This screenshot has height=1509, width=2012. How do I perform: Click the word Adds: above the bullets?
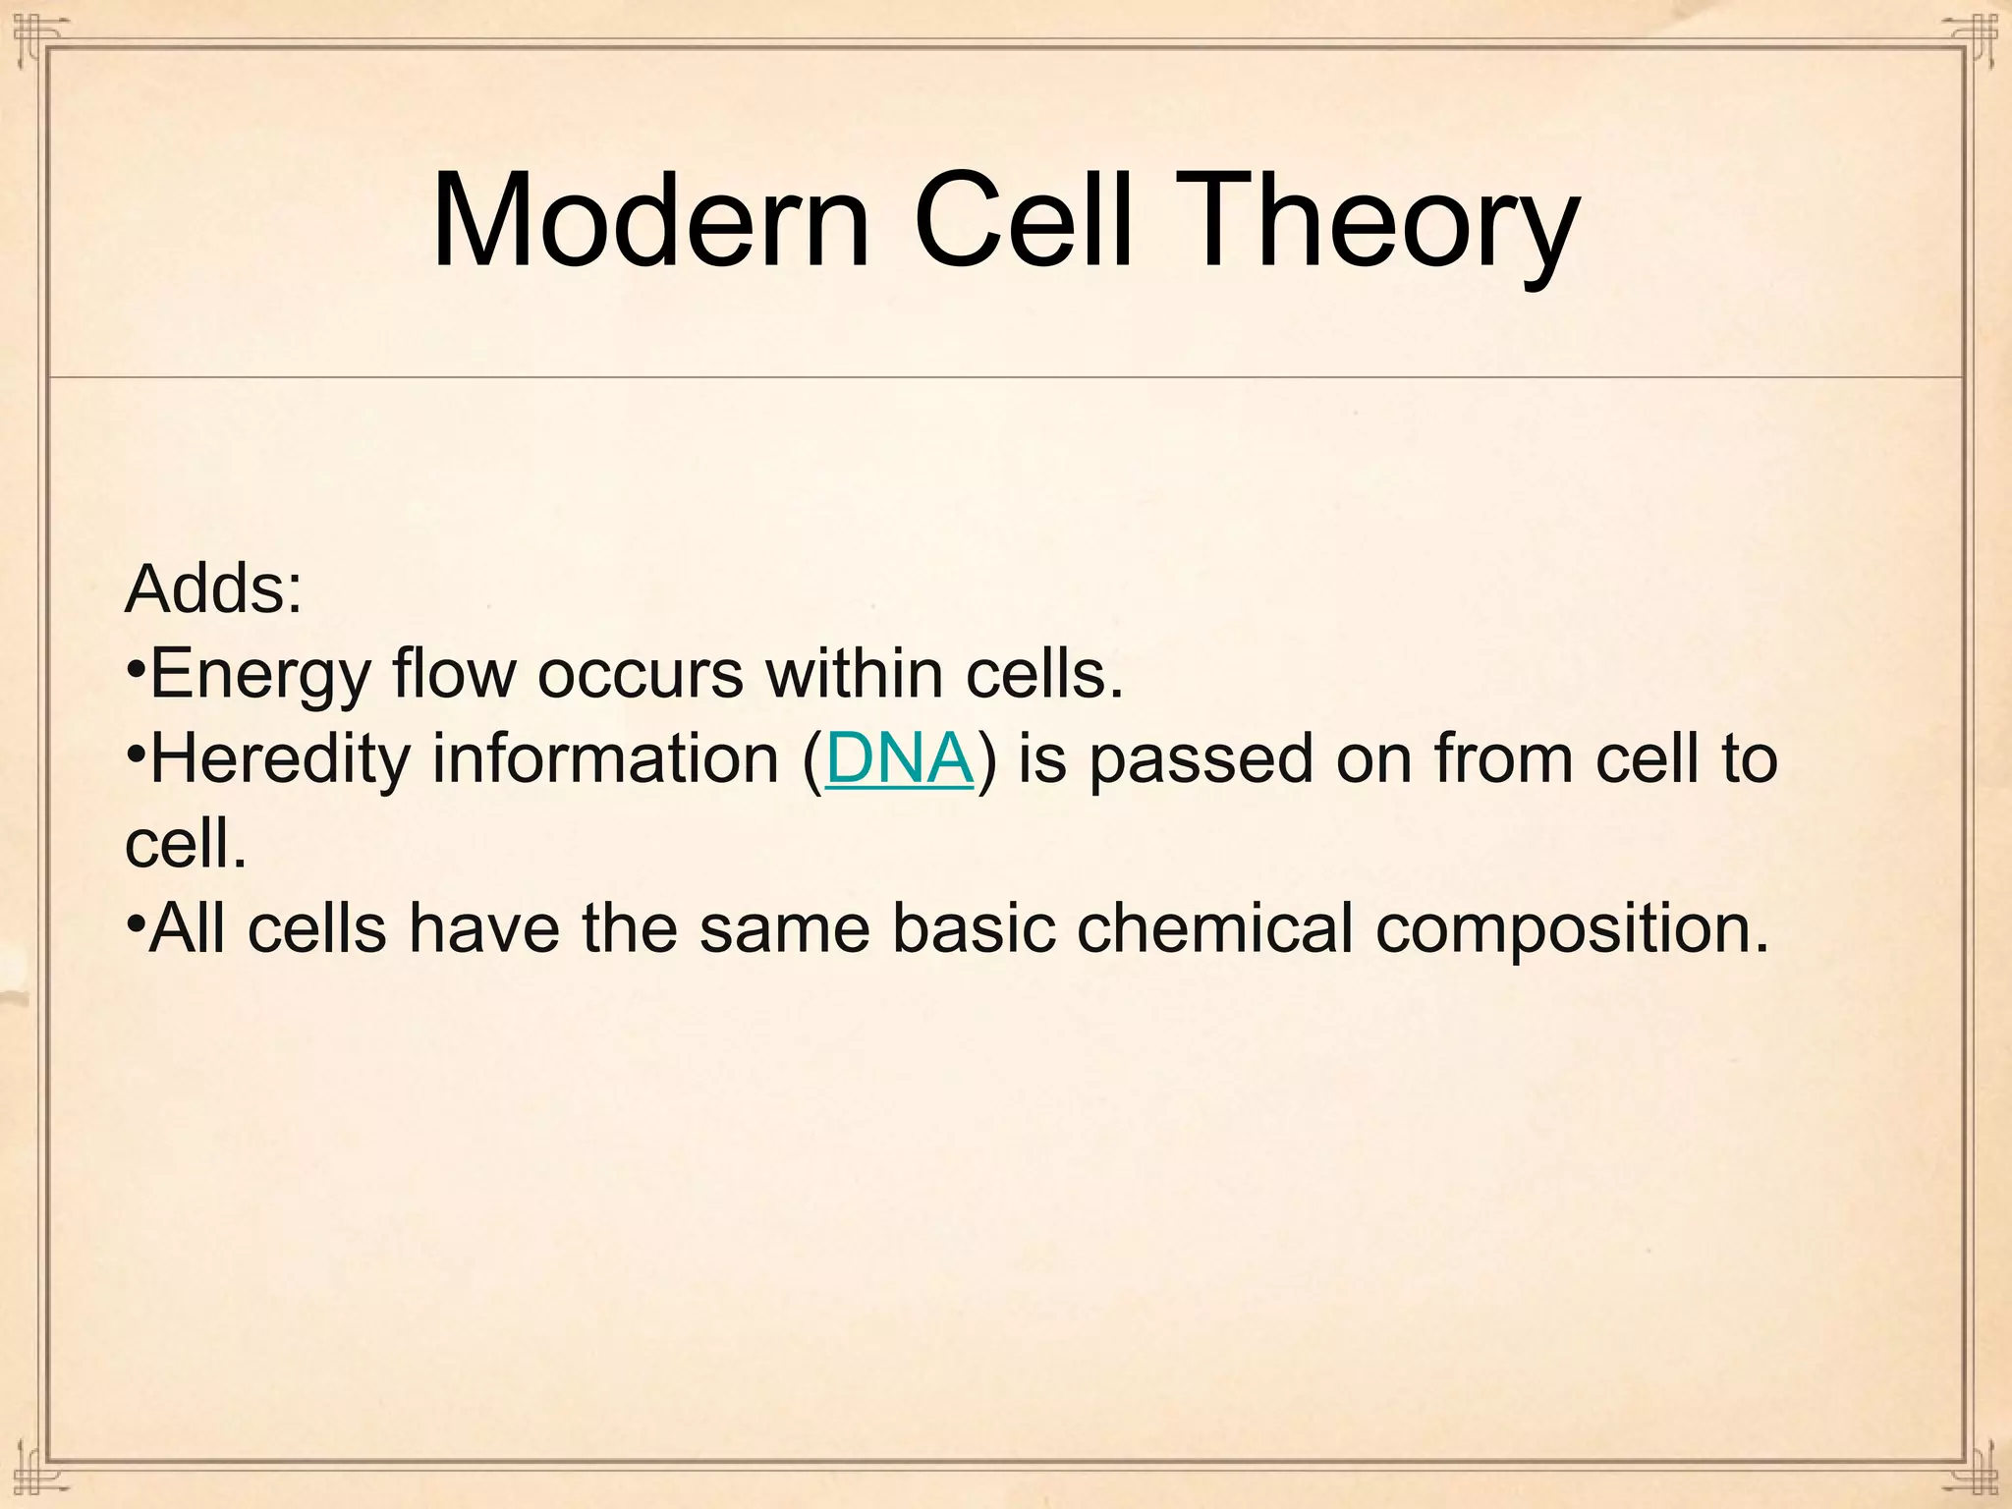[214, 589]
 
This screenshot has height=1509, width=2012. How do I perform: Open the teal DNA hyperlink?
[899, 759]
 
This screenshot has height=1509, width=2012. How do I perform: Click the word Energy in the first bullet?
[260, 675]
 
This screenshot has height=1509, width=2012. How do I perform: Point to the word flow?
[453, 675]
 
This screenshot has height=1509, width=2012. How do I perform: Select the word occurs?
[640, 675]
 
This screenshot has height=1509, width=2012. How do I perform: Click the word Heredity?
[279, 759]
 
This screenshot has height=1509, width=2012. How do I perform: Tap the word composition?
[1571, 928]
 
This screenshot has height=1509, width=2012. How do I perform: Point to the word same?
[784, 928]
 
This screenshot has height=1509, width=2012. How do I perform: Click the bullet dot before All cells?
[136, 924]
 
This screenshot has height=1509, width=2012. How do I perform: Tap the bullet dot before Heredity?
[136, 755]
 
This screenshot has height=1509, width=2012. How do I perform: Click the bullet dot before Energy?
[136, 671]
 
